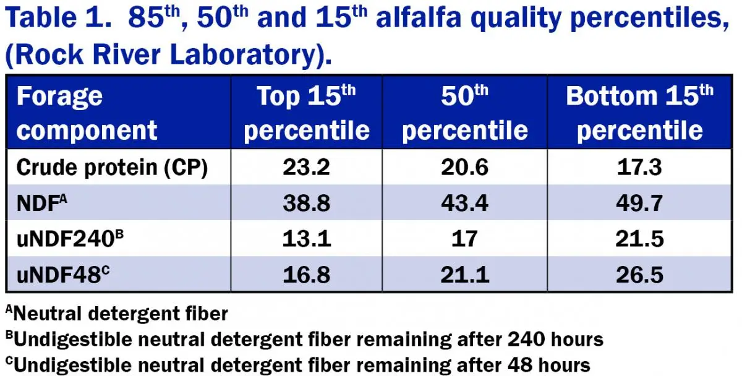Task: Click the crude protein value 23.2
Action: tap(307, 167)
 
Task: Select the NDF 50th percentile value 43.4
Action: tap(464, 203)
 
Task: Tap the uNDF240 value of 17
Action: tap(464, 239)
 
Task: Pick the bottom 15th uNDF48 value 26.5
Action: tap(639, 275)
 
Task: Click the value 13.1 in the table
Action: tap(307, 239)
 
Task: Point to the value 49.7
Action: tap(639, 203)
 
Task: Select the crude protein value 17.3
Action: tap(639, 167)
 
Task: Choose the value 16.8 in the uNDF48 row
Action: tap(307, 275)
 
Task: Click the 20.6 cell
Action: tap(464, 167)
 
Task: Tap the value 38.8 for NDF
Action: tap(307, 203)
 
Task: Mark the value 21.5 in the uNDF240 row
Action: tap(639, 239)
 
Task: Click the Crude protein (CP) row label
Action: tap(112, 168)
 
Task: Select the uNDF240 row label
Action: tap(70, 239)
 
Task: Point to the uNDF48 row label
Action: tap(63, 275)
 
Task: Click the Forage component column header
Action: tap(87, 113)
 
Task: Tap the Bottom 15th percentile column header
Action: tap(639, 113)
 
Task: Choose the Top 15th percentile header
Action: tap(307, 113)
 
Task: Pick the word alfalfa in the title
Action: tap(419, 17)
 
